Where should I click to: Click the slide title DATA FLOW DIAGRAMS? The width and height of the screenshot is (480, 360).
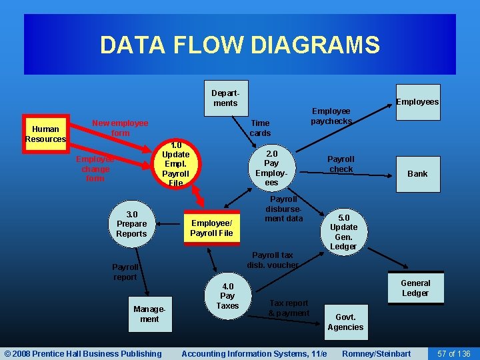point(239,45)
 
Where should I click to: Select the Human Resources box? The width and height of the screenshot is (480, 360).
point(45,134)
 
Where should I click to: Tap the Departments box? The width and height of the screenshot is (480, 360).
point(225,99)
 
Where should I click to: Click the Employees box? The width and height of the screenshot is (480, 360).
point(417,102)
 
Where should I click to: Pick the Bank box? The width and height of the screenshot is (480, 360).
point(417,174)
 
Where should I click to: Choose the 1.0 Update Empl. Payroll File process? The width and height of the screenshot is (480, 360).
point(176,164)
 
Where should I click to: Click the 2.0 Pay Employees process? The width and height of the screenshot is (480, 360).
point(271,167)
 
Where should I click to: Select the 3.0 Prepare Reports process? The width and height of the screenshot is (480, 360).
point(131,224)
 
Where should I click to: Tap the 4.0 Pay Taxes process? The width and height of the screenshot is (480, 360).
point(227,296)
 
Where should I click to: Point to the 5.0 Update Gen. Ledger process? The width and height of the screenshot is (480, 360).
point(343,232)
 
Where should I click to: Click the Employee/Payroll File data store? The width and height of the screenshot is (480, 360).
point(211,228)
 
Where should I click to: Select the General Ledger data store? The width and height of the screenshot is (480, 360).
point(415,288)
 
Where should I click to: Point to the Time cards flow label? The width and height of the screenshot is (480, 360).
point(260,128)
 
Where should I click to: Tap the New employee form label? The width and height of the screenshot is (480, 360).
point(120,128)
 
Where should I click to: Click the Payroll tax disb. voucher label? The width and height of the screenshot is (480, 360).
point(273,260)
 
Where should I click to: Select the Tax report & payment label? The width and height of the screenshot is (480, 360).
point(289,308)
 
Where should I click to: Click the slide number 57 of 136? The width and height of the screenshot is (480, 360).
point(454,353)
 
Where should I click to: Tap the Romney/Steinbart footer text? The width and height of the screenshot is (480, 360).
point(376,353)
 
